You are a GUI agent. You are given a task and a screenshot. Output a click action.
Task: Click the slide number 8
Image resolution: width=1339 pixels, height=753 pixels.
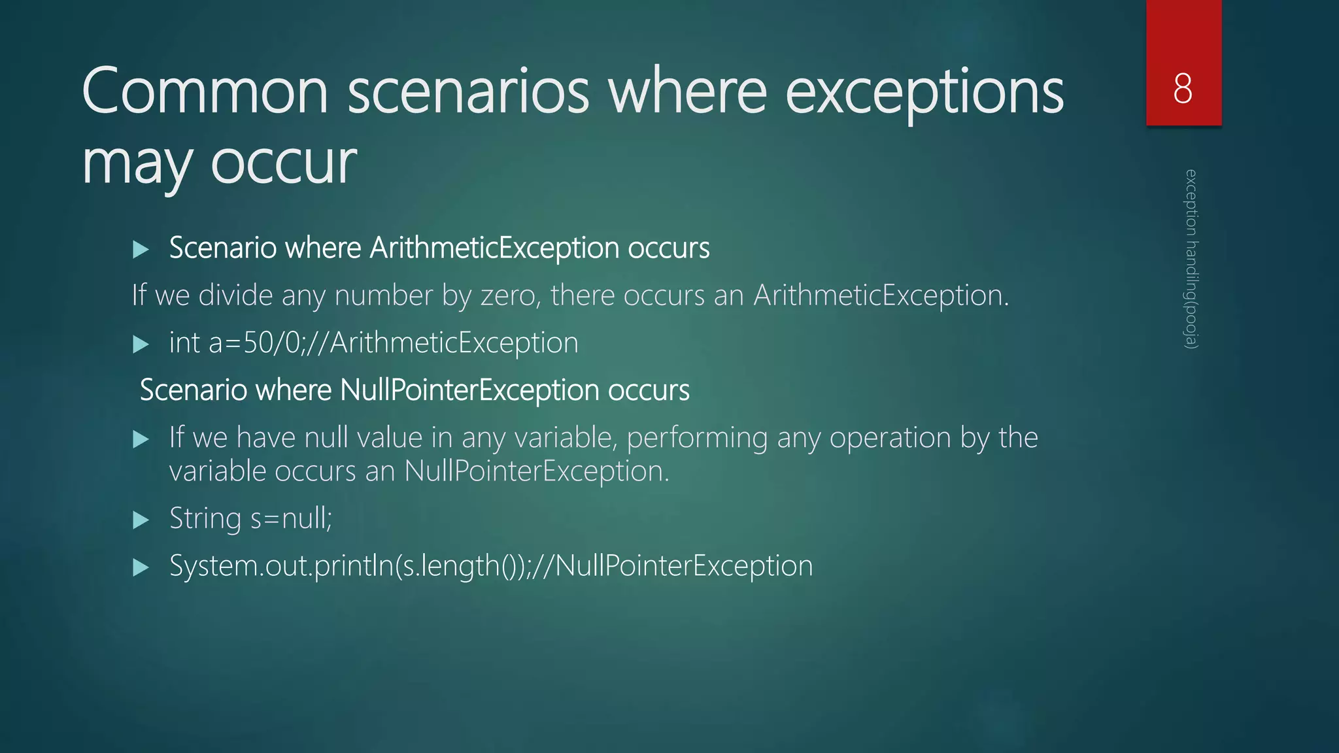coord(1183,88)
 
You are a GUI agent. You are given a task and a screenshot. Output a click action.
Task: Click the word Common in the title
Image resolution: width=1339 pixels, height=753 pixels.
coord(205,92)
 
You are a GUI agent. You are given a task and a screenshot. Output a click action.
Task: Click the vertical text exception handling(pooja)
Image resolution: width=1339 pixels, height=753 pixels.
coord(1191,259)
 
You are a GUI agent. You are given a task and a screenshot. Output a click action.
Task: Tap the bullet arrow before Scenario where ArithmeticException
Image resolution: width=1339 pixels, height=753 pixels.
coord(141,249)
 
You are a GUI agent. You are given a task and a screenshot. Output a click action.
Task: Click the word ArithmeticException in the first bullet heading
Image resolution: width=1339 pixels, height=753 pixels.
coord(494,248)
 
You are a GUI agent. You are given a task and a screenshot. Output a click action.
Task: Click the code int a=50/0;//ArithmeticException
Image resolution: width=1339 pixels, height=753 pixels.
coord(373,343)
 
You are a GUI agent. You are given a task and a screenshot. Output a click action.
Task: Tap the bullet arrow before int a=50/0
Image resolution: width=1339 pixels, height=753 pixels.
coord(141,344)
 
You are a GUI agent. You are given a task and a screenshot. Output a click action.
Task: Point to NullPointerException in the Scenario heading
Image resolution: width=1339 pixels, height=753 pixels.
coord(469,390)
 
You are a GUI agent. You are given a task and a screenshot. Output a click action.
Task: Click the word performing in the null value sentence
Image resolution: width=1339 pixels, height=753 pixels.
coord(697,438)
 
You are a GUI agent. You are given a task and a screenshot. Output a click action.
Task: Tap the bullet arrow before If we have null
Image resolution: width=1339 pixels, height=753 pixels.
coord(141,439)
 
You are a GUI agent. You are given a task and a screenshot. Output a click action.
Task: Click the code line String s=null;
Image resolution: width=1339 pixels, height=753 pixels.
coord(250,519)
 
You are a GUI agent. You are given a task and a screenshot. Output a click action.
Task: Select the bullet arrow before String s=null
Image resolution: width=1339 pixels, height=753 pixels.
coord(141,520)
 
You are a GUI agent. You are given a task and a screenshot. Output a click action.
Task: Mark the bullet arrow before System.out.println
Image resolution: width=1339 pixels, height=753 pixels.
coord(141,567)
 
